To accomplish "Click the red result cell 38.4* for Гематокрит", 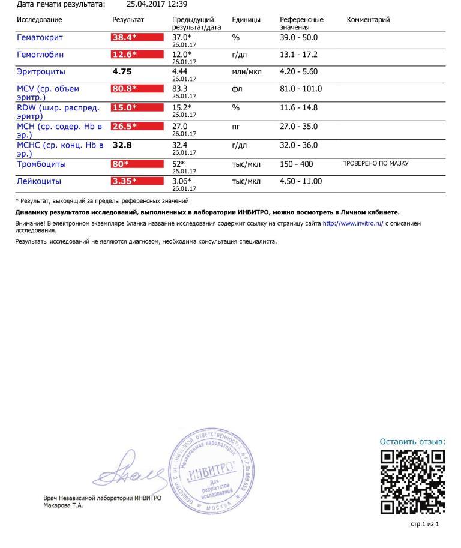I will (137, 37).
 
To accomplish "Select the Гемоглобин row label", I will (40, 55).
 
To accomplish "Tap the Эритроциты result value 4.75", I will (122, 71).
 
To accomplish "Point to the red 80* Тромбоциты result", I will (137, 164).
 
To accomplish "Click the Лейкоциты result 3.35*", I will (137, 181).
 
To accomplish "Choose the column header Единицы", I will (246, 20).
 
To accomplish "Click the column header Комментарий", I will (368, 20).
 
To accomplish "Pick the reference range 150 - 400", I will (297, 164).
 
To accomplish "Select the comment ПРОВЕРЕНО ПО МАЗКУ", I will (375, 163).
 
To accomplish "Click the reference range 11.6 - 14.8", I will (299, 107).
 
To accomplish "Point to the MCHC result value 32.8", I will (122, 145).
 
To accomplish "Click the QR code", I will (412, 481).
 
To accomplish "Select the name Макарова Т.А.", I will (64, 505).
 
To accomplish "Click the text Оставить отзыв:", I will (412, 442).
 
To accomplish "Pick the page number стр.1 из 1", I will (424, 524).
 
